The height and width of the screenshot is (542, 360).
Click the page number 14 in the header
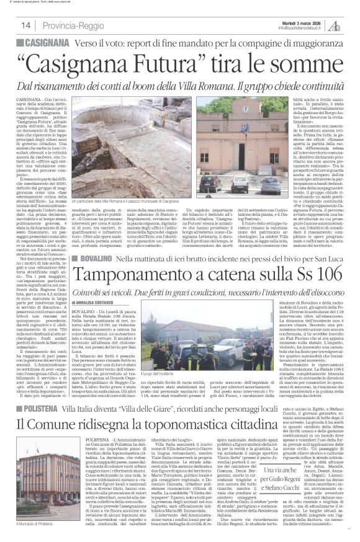pos(27,25)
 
